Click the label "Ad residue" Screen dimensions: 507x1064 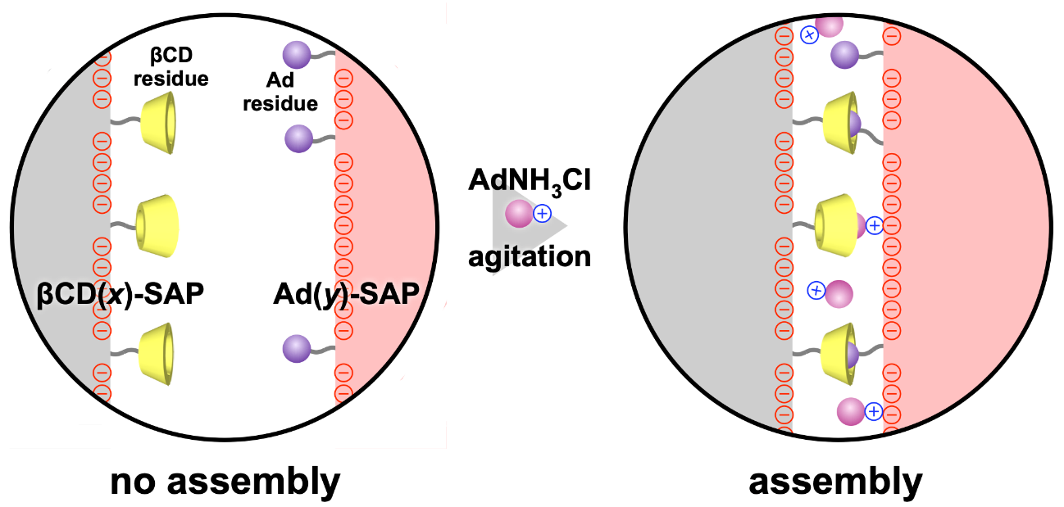point(292,93)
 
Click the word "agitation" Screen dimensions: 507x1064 point(529,256)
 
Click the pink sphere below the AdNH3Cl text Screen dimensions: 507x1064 point(519,215)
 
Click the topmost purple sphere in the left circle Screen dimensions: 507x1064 point(296,56)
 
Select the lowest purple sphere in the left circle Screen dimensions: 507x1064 point(296,349)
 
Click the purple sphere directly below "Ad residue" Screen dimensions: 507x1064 point(298,138)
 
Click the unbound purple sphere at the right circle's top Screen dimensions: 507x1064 point(845,55)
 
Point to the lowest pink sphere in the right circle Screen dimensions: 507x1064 point(851,411)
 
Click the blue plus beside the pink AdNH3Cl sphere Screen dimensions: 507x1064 point(542,214)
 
